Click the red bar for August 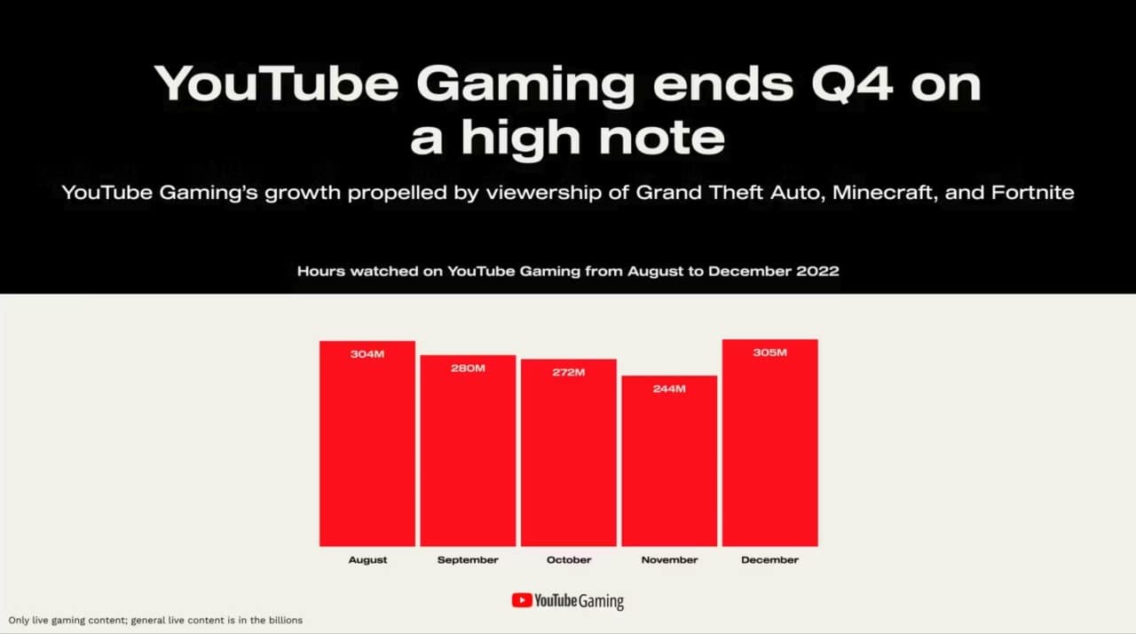point(367,444)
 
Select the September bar point(468,451)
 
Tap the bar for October point(569,453)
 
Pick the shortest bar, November point(669,461)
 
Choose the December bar point(769,443)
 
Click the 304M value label point(367,354)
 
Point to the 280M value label point(468,369)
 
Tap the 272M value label point(569,372)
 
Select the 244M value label point(669,389)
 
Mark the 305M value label point(769,353)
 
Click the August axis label point(367,560)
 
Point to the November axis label point(669,560)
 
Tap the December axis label point(769,560)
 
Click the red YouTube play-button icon point(522,600)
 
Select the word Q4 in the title point(852,84)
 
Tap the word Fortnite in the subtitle point(1032,193)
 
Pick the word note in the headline point(662,138)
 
